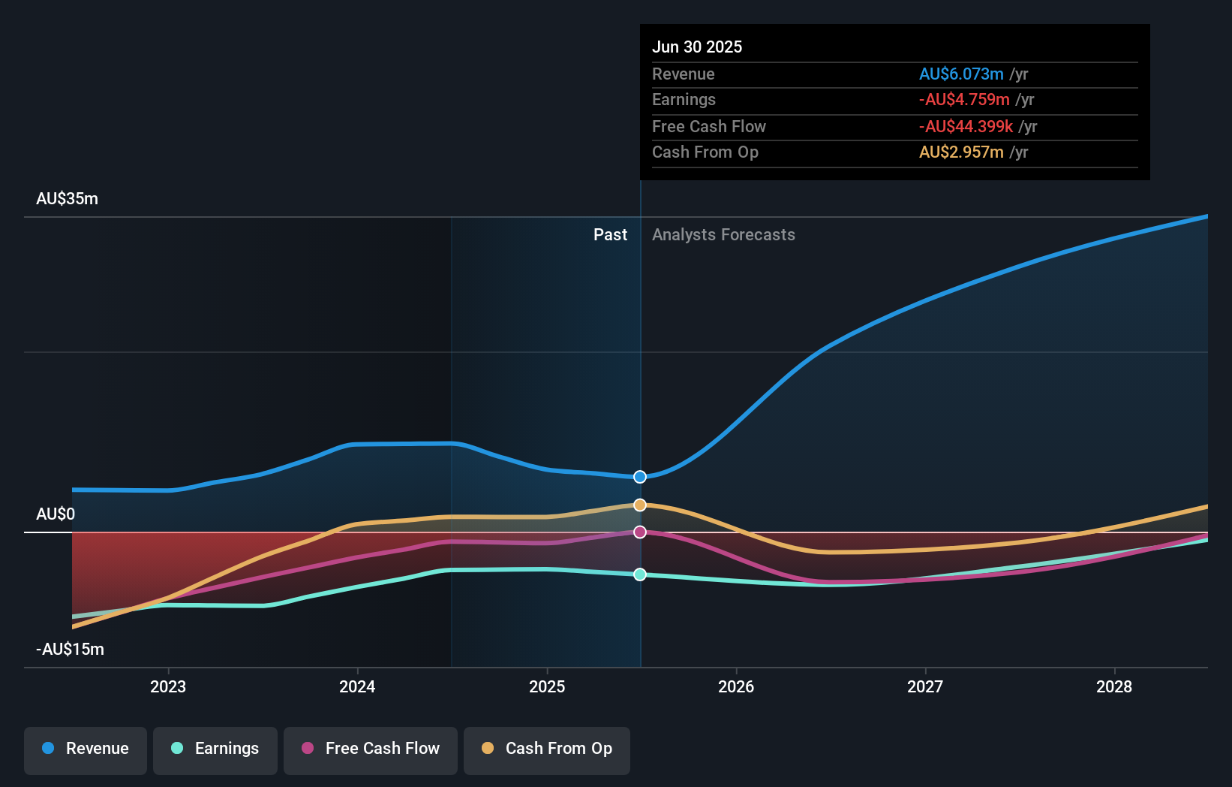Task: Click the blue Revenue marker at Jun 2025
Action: click(640, 477)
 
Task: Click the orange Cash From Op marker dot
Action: click(640, 505)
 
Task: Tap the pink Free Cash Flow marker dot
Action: click(640, 532)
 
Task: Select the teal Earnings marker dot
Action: click(640, 574)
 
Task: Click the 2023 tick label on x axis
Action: click(168, 686)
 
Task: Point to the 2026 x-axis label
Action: click(736, 686)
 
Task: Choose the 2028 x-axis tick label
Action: click(1114, 686)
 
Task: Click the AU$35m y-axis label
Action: click(67, 199)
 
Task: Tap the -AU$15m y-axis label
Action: click(71, 650)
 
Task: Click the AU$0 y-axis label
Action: click(56, 514)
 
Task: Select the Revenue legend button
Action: click(86, 749)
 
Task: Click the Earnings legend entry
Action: click(215, 749)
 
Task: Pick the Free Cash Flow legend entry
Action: click(371, 749)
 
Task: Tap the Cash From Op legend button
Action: click(547, 749)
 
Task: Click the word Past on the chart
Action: click(610, 235)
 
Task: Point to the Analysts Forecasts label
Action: click(723, 235)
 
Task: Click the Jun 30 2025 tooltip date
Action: click(697, 47)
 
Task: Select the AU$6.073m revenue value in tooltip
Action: click(961, 74)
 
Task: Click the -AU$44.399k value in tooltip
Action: click(966, 127)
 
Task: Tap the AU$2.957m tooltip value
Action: click(961, 152)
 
